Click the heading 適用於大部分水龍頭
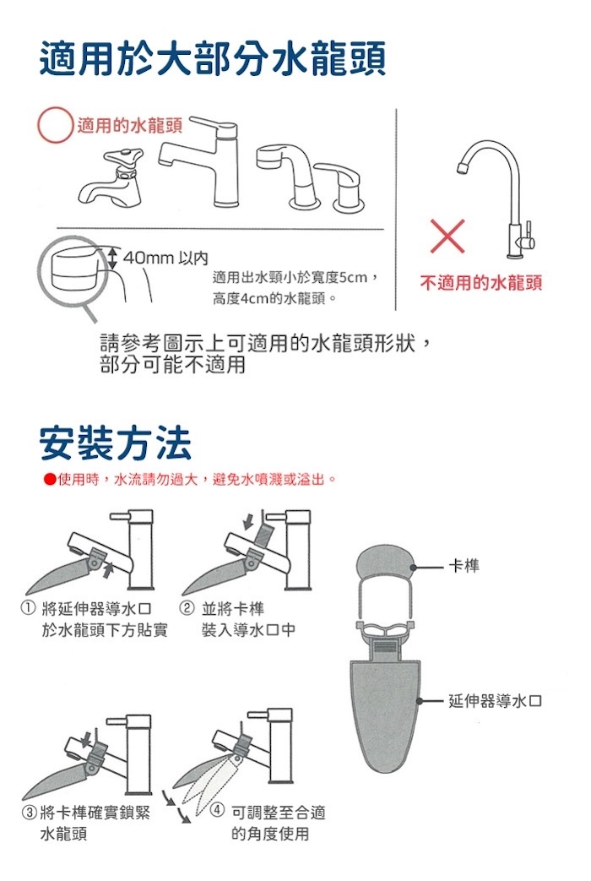(x=213, y=58)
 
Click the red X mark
(x=447, y=236)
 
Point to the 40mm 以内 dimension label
(x=165, y=258)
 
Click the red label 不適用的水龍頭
(x=481, y=282)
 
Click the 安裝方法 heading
(x=115, y=443)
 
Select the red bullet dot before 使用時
(x=49, y=480)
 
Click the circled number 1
(x=27, y=608)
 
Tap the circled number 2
(x=187, y=608)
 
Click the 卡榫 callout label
(x=464, y=565)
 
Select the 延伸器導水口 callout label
(x=496, y=700)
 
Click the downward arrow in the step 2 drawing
(x=248, y=520)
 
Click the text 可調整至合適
(x=278, y=812)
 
